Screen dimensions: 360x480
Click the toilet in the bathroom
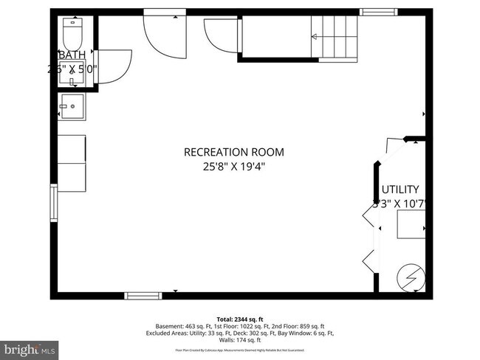pyautogui.click(x=72, y=33)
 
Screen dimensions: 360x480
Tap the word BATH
pyautogui.click(x=72, y=55)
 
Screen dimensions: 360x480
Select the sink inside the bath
pyautogui.click(x=72, y=74)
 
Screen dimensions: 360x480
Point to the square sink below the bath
pyautogui.click(x=72, y=106)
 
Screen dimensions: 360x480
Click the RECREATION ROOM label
pyautogui.click(x=233, y=152)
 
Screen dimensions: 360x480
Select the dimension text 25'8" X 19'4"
pyautogui.click(x=233, y=167)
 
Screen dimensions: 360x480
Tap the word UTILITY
pyautogui.click(x=400, y=189)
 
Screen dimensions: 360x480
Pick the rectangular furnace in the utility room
pyautogui.click(x=410, y=224)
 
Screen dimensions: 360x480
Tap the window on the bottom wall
pyautogui.click(x=143, y=296)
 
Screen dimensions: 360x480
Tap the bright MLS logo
pyautogui.click(x=30, y=346)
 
